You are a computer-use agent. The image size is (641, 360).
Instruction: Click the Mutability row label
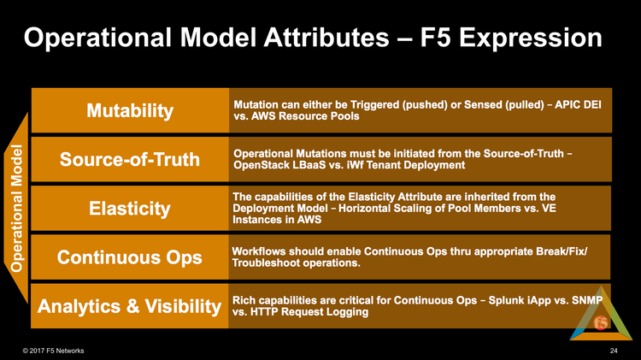click(130, 111)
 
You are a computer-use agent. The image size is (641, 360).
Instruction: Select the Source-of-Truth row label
click(130, 159)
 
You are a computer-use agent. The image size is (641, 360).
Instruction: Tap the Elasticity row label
click(130, 209)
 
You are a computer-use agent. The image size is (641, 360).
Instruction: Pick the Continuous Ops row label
click(130, 257)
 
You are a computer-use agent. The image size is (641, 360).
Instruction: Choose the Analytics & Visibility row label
click(129, 306)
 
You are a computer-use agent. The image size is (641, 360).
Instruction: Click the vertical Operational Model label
click(16, 209)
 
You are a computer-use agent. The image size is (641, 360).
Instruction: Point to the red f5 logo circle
click(601, 322)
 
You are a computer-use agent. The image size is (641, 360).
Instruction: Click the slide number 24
click(614, 351)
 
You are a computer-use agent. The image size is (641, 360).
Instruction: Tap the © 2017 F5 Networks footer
click(53, 351)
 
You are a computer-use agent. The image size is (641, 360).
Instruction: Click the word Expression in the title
click(530, 38)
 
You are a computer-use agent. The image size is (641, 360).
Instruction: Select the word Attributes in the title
click(326, 38)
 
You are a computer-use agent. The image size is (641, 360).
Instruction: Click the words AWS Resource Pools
click(305, 116)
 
